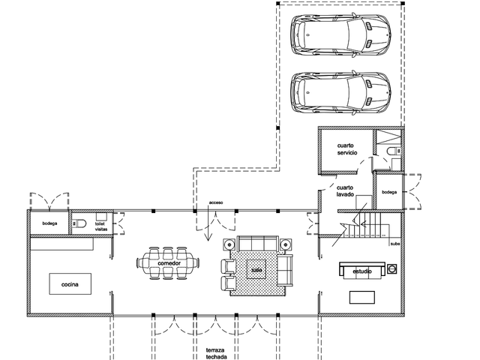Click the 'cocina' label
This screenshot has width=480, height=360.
70,284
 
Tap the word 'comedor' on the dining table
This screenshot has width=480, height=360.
169,263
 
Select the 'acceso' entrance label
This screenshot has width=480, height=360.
216,202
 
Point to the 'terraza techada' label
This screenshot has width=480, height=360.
216,353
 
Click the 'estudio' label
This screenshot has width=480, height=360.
362,271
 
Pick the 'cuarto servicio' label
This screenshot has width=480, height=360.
346,149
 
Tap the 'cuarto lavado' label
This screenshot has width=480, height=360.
345,191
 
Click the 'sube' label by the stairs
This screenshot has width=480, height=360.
395,244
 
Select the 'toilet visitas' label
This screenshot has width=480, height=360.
101,226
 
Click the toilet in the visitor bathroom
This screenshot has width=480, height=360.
79,223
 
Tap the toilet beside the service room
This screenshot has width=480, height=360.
394,151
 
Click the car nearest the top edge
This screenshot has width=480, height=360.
340,35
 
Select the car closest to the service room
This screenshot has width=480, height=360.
340,92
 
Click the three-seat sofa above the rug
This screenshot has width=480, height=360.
258,243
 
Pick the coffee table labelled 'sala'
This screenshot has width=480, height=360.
256,269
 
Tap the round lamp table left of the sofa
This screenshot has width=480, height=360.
229,244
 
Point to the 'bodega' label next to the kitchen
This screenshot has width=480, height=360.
49,223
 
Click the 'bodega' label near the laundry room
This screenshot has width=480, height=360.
389,192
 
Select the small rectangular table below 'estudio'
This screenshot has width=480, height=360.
362,297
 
